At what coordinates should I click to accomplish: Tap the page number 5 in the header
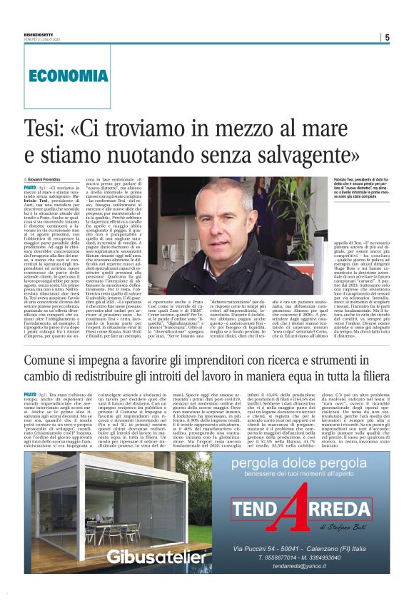pos(386,38)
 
